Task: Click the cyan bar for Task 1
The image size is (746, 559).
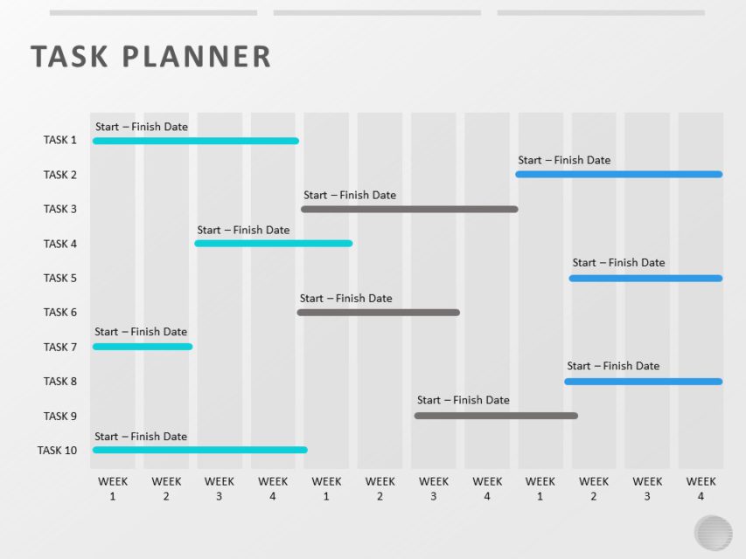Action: click(x=195, y=141)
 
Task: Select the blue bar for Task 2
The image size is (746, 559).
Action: click(x=618, y=175)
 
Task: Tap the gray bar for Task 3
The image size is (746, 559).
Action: click(x=409, y=210)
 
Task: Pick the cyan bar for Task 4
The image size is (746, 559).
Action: click(x=273, y=244)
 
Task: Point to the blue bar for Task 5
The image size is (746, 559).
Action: click(x=645, y=279)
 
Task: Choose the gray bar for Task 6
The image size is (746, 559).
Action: click(x=378, y=313)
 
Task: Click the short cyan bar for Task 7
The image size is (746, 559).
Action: click(x=143, y=347)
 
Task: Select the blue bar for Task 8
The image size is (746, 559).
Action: click(x=643, y=382)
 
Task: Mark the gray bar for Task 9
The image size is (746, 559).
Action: click(x=496, y=416)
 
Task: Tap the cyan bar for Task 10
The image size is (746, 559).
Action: click(x=199, y=450)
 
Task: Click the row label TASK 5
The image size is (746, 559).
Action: click(x=60, y=278)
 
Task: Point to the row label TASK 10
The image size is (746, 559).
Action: click(x=57, y=450)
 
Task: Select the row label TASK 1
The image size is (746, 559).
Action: click(x=60, y=140)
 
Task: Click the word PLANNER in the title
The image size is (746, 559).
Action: click(x=198, y=57)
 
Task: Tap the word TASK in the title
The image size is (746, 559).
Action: click(x=70, y=57)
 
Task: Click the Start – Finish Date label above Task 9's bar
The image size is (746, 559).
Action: click(x=463, y=400)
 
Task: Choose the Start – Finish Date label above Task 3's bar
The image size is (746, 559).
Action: click(x=350, y=195)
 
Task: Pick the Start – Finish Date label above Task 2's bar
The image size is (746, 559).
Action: click(x=564, y=160)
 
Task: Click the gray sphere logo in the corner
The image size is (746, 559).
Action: click(x=713, y=533)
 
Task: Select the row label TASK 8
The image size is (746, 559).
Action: click(x=60, y=381)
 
